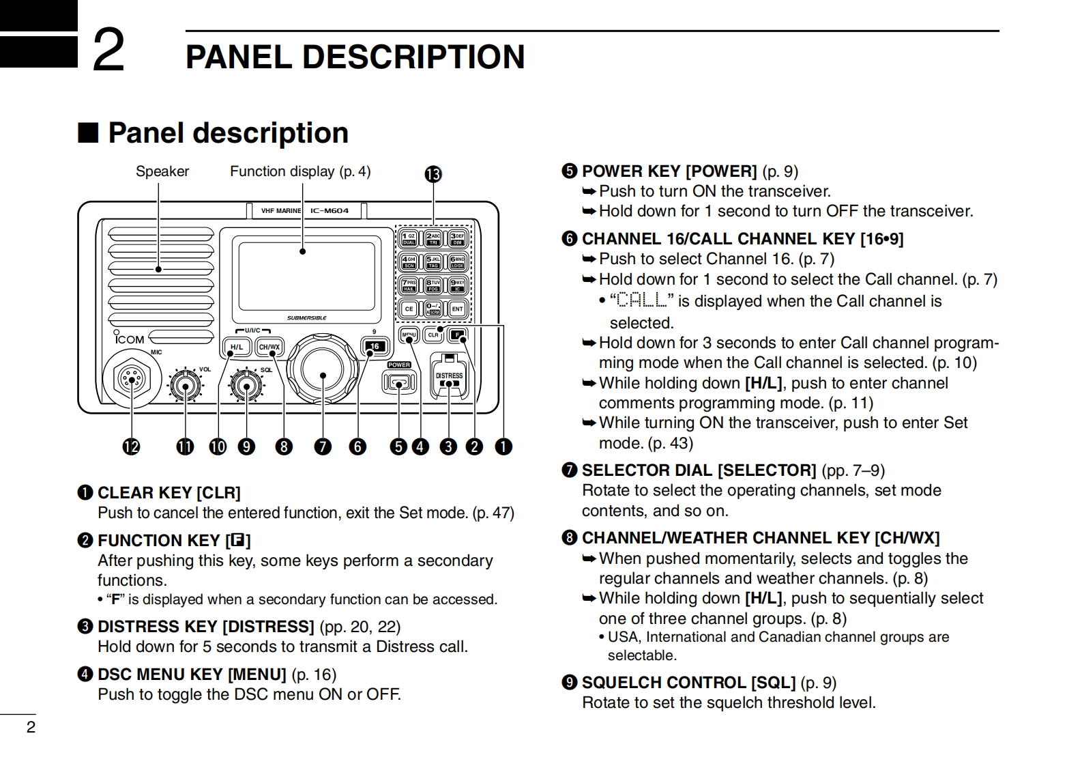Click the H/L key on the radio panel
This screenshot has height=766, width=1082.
click(x=237, y=347)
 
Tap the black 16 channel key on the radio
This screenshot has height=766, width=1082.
click(x=374, y=347)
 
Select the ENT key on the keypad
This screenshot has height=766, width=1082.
click(x=457, y=309)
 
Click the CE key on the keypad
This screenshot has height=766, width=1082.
click(x=409, y=309)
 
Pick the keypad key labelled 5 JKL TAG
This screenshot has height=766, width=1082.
click(x=433, y=261)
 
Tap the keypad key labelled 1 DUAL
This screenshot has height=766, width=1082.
click(x=409, y=238)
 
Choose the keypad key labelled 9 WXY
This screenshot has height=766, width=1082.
click(x=457, y=285)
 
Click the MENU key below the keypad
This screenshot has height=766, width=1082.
click(x=409, y=335)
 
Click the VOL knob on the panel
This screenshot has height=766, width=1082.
click(x=184, y=386)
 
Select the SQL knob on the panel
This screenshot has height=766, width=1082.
click(x=246, y=386)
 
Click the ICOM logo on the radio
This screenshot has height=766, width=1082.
click(x=130, y=339)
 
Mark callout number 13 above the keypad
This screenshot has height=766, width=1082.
click(x=433, y=175)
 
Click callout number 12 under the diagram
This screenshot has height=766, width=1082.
click(x=130, y=447)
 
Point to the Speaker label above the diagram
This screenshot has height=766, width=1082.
click(x=162, y=171)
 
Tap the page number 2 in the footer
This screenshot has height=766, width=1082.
click(x=31, y=727)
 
